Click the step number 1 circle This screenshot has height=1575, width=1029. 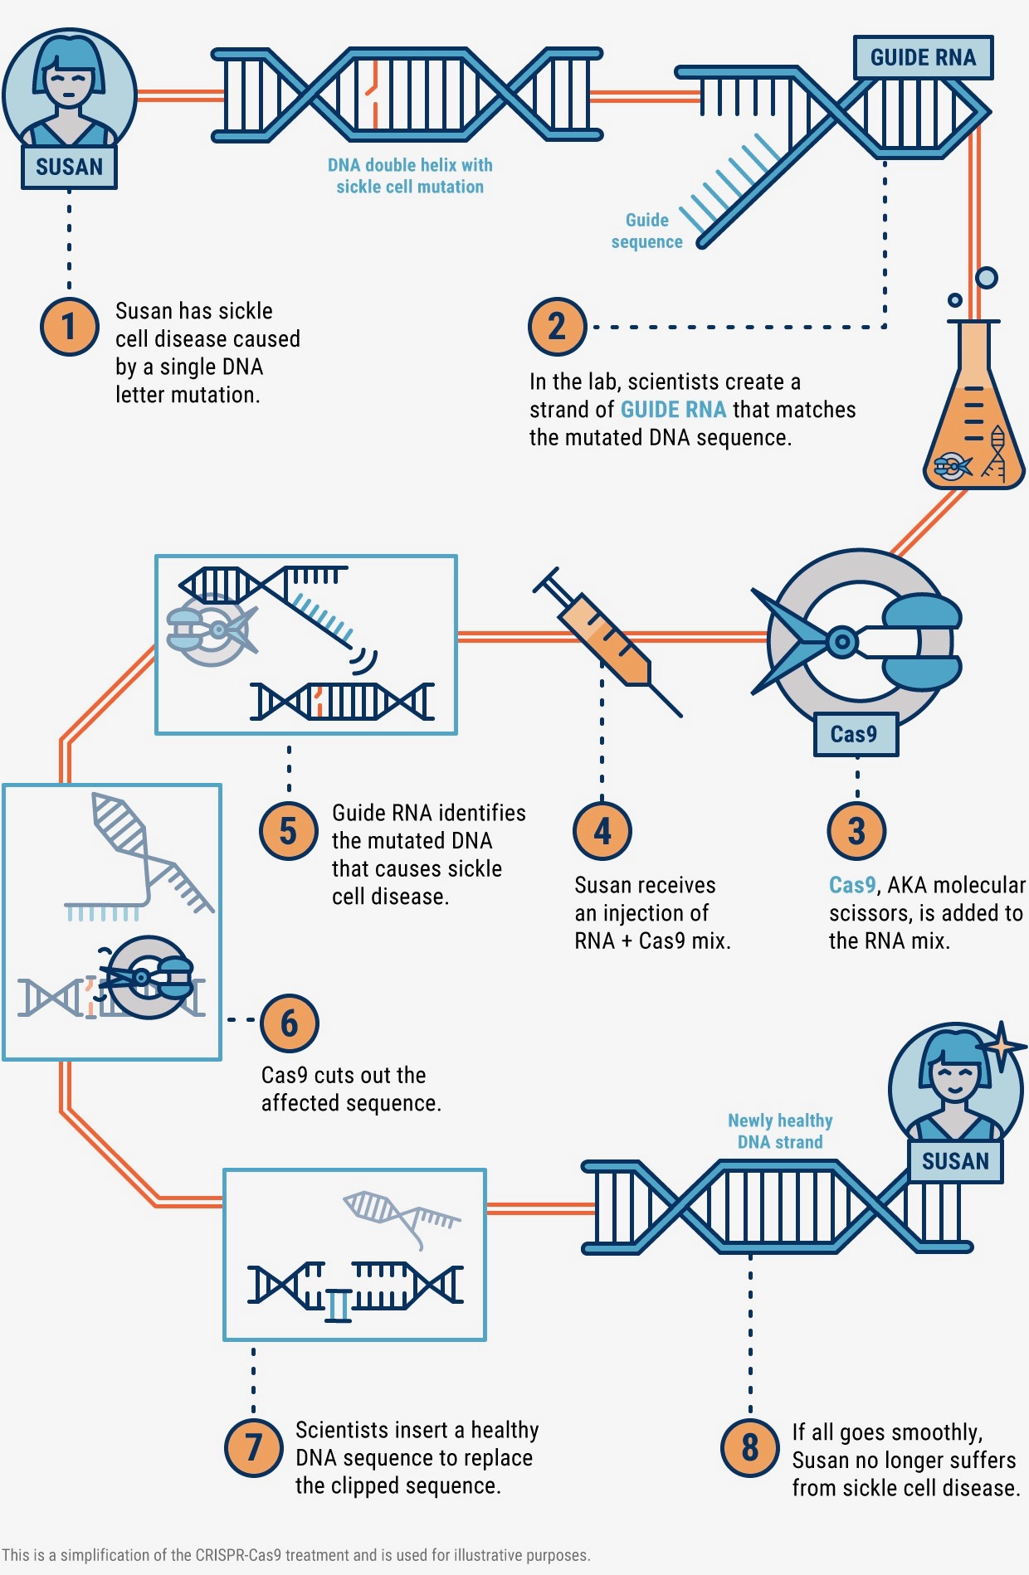[70, 326]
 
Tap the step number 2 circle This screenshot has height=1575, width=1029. [557, 326]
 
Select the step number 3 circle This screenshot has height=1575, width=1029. [856, 831]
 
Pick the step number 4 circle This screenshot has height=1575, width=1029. [602, 831]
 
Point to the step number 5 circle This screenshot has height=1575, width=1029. [288, 831]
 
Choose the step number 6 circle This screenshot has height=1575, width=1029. [289, 1023]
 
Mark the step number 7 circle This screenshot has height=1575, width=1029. [254, 1447]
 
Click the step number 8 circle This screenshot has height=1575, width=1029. [750, 1447]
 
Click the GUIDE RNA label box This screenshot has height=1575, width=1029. [923, 57]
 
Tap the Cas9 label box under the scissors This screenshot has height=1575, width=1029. [855, 734]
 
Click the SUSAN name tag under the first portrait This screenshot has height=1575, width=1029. [69, 167]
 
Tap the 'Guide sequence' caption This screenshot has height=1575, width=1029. [647, 231]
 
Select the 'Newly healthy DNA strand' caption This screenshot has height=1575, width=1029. [780, 1131]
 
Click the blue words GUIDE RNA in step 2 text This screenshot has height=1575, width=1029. [673, 410]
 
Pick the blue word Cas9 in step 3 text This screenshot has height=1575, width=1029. [852, 885]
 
